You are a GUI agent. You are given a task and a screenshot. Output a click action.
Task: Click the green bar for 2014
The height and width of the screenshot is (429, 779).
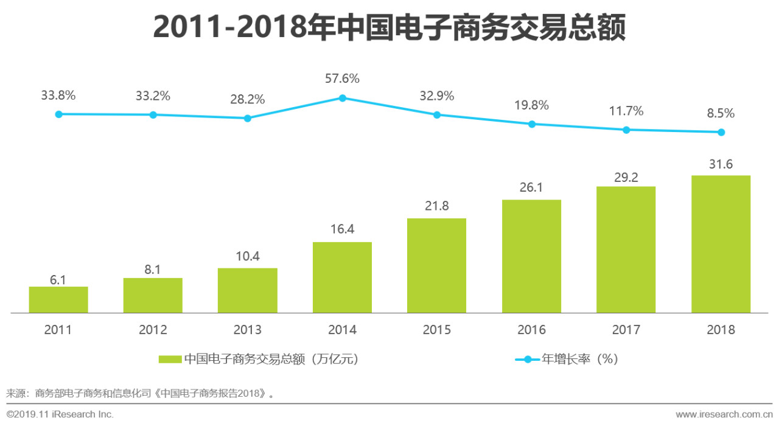tap(342, 277)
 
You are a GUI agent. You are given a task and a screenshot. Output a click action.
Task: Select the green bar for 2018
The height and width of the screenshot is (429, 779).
tap(721, 244)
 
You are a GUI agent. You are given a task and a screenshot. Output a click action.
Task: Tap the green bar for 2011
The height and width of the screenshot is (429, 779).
tap(58, 299)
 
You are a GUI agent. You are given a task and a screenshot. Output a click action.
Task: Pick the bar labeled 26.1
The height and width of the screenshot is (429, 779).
tap(531, 256)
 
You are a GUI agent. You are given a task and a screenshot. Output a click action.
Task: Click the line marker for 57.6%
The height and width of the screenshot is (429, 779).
tap(343, 98)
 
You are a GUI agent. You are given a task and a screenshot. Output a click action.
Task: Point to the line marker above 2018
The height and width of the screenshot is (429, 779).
tap(721, 132)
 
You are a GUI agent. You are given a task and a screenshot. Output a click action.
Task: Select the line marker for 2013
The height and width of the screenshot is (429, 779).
tap(248, 118)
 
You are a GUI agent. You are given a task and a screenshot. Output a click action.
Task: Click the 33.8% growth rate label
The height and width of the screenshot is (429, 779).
tap(58, 96)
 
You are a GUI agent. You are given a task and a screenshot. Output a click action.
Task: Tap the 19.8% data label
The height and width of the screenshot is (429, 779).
tap(531, 105)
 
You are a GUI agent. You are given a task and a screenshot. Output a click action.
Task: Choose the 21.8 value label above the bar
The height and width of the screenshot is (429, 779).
tap(436, 206)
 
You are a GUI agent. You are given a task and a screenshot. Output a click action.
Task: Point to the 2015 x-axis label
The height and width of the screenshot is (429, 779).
tap(436, 330)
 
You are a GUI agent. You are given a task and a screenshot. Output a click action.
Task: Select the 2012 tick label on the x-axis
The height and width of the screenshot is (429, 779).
tap(153, 330)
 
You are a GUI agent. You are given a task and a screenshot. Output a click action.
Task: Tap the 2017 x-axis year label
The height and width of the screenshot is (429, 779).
tap(626, 330)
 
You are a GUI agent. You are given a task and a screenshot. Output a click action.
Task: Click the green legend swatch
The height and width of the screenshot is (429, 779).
tap(170, 359)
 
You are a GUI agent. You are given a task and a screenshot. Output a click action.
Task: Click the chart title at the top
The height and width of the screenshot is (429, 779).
tap(389, 27)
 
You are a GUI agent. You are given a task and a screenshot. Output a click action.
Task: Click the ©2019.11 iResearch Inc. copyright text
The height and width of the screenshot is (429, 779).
tap(60, 414)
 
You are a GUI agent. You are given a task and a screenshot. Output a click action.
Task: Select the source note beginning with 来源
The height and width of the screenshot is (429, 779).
tap(140, 393)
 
